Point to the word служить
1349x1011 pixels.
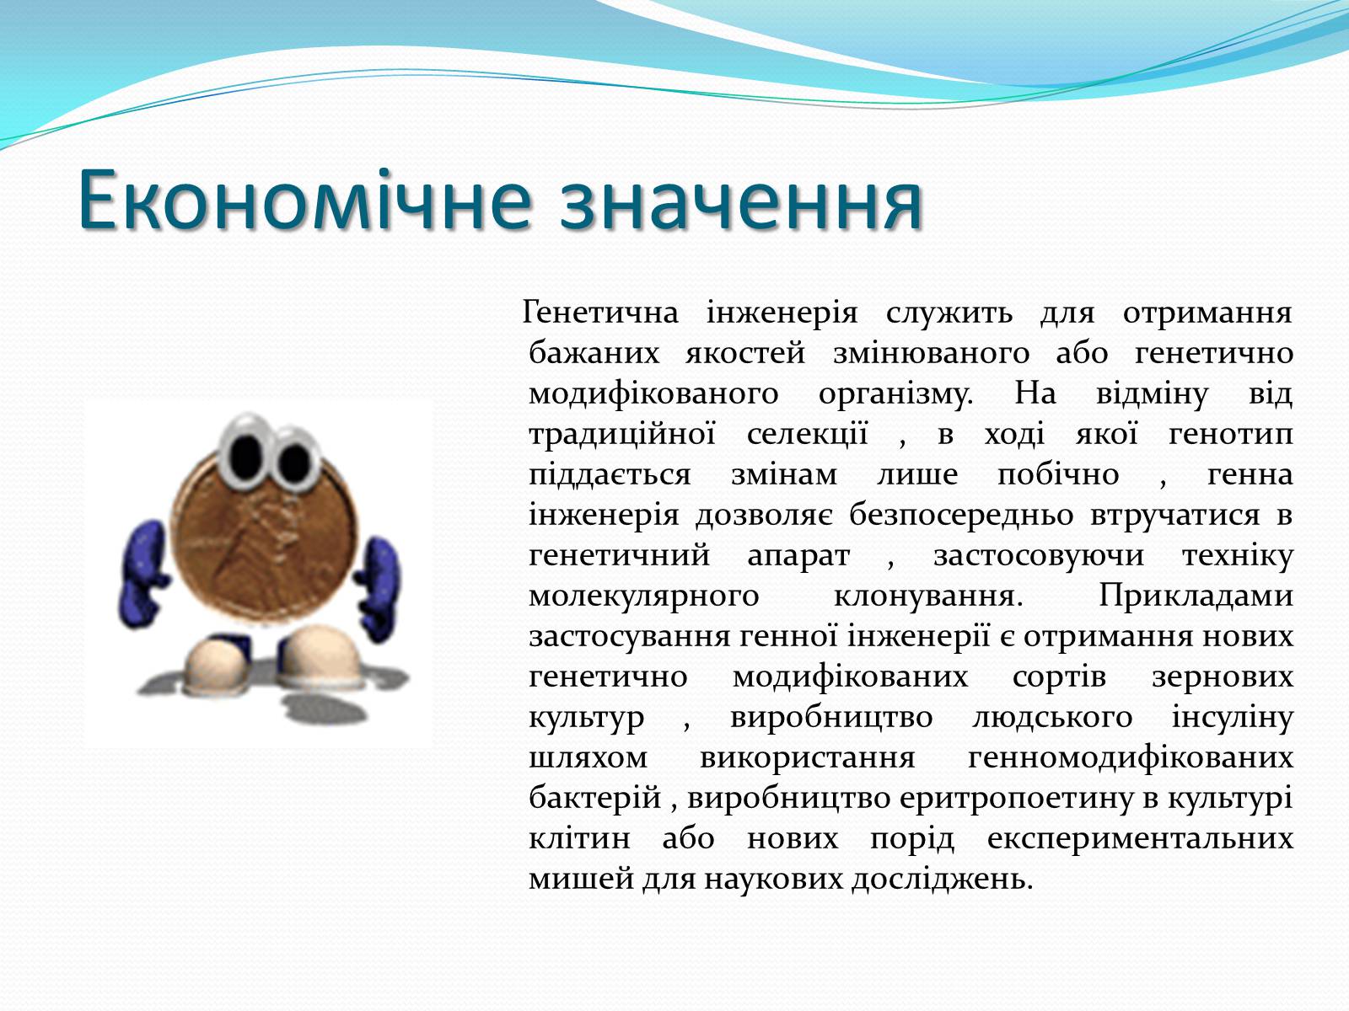(949, 313)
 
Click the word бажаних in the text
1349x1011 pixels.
(594, 352)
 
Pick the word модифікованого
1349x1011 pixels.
(653, 394)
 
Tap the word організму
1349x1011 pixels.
(896, 394)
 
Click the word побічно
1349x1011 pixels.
(1057, 474)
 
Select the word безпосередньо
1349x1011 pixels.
(961, 516)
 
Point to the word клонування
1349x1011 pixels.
(928, 596)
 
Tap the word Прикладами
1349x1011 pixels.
(1196, 596)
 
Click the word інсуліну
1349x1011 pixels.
(1233, 718)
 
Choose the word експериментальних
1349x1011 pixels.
(1140, 839)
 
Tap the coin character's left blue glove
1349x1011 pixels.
(142, 574)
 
